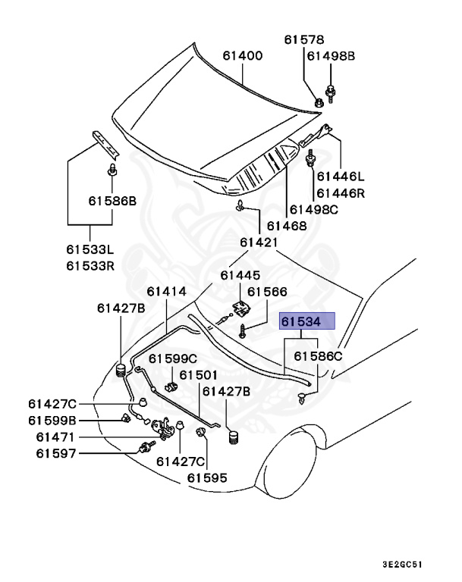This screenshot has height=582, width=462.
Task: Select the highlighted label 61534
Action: tap(307, 321)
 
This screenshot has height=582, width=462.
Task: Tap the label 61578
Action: tap(304, 39)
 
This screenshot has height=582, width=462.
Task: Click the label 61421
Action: tap(259, 242)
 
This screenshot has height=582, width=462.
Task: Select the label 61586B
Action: tap(112, 201)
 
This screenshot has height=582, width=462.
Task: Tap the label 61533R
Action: tap(90, 265)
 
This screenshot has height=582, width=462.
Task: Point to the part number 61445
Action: tap(240, 275)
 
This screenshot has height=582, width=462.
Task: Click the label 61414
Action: tap(167, 291)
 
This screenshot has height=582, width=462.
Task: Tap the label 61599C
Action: tap(172, 358)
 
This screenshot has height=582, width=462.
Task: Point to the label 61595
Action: tap(208, 477)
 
